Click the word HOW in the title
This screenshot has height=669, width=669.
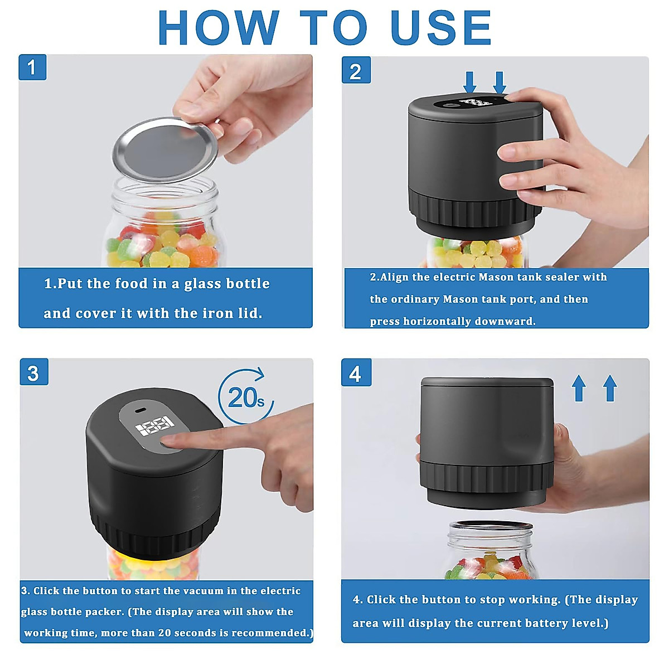[x=219, y=27]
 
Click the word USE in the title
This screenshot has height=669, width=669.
[x=441, y=27]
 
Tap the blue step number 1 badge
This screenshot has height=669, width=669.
[x=32, y=67]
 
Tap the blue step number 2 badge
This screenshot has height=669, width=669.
[x=356, y=70]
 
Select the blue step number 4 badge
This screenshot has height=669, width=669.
[x=356, y=373]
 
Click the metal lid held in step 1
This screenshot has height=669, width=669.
[x=165, y=149]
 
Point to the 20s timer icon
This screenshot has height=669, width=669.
[x=246, y=396]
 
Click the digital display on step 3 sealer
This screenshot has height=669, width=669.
[x=155, y=425]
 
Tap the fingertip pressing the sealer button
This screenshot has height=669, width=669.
[x=169, y=441]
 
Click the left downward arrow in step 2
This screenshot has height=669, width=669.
[x=470, y=83]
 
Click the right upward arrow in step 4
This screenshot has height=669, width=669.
[x=610, y=388]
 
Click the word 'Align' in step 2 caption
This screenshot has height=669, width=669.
[x=396, y=278]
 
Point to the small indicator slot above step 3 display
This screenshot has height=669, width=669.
[x=140, y=410]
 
